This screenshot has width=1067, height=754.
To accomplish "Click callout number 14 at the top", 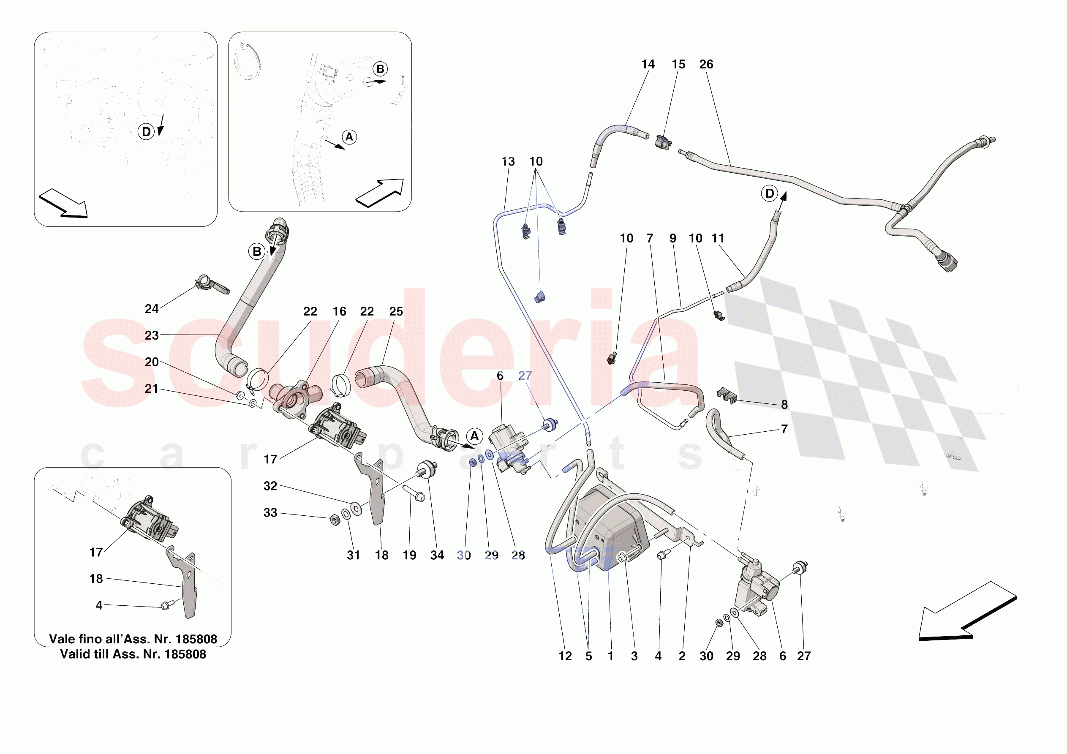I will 648,65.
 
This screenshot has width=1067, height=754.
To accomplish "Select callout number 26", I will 706,65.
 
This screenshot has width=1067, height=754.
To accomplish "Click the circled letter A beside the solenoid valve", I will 474,436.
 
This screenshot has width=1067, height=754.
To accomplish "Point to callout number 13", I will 508,162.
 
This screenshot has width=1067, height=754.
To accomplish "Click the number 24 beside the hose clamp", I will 152,309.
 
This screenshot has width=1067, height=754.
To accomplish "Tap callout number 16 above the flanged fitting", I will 339,311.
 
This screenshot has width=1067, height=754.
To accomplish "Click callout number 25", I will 396,311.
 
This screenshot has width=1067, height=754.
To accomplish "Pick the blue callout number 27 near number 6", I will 525,376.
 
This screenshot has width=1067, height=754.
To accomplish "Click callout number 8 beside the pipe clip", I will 784,404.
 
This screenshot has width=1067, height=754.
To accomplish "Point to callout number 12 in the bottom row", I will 565,656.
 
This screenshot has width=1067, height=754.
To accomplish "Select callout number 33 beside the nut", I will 270,513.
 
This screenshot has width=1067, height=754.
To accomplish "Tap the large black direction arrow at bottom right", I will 966,614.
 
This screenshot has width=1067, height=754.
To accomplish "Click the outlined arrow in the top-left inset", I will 63,204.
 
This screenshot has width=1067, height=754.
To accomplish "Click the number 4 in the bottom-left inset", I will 99,605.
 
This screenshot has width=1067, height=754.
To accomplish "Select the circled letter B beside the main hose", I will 256,251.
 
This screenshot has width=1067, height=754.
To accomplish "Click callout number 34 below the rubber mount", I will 437,555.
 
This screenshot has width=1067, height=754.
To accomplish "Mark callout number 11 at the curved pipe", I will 718,239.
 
